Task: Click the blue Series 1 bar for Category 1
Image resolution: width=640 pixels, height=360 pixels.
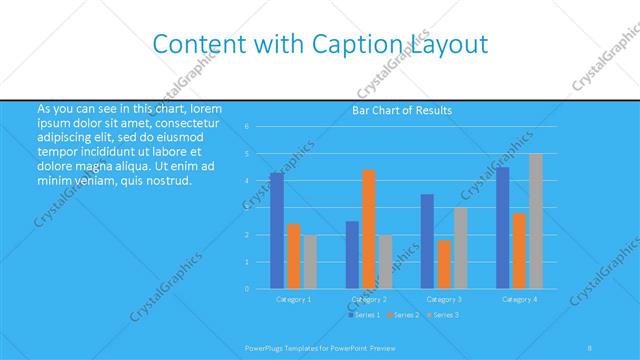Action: tap(277, 231)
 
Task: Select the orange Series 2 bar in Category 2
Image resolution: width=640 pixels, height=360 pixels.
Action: tap(369, 229)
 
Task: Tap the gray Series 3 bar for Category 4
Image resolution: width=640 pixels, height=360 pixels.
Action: tap(536, 221)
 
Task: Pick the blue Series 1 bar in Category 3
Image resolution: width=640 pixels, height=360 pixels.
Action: tap(427, 241)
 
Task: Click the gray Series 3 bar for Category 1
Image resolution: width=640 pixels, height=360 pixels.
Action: tap(310, 262)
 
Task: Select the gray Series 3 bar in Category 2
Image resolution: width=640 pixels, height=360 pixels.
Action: tap(385, 262)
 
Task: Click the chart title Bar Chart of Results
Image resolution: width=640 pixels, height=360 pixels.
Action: tap(402, 110)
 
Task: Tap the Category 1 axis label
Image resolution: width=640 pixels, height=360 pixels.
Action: tap(294, 299)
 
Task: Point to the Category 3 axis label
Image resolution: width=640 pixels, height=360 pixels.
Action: tap(443, 299)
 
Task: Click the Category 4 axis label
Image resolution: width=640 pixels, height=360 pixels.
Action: tap(519, 299)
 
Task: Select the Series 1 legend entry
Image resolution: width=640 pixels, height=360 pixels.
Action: tap(364, 315)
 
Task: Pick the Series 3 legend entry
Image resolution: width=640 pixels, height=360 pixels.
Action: tap(443, 315)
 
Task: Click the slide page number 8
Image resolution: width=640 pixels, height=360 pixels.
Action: tap(590, 347)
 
